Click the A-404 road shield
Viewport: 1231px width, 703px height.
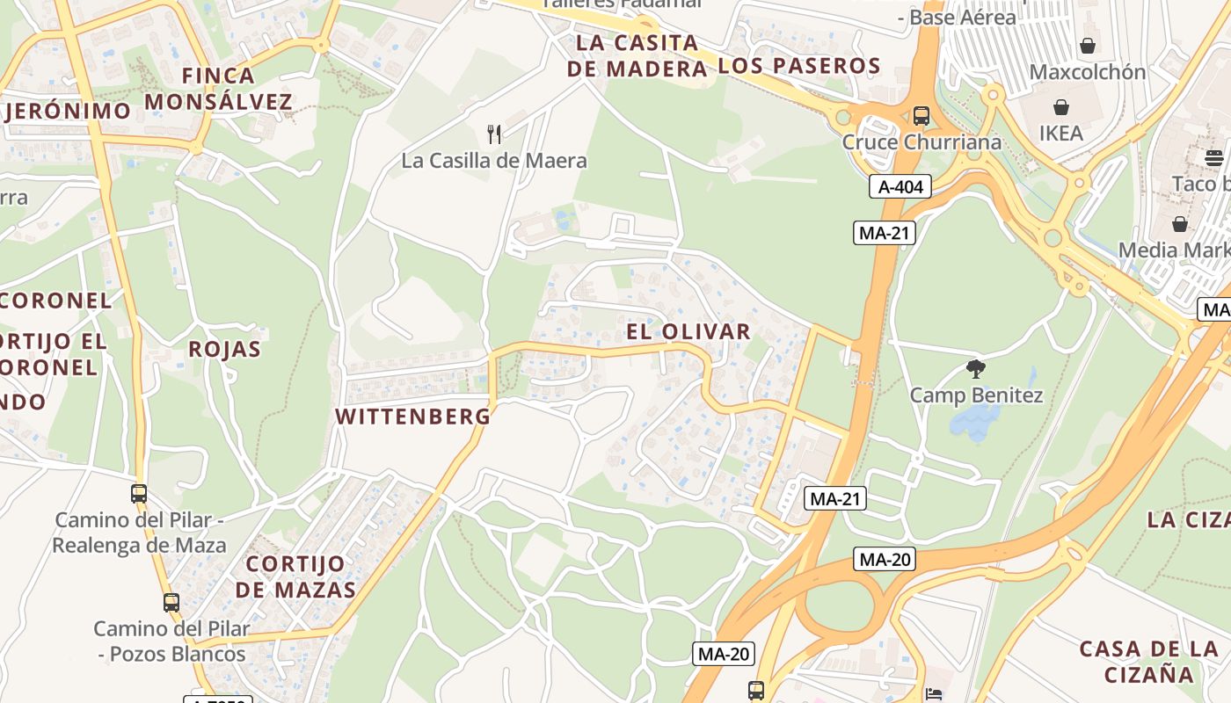pos(900,186)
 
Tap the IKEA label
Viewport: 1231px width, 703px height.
pos(1061,134)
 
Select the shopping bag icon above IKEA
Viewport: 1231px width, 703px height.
pos(1061,107)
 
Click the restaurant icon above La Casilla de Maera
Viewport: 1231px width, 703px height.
pos(494,134)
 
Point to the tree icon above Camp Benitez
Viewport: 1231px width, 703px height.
pos(975,369)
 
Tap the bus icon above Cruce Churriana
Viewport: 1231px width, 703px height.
pos(921,115)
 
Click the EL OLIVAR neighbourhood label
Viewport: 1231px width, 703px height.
pos(688,331)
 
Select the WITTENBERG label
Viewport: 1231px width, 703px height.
pos(413,417)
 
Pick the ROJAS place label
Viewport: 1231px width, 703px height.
pos(225,349)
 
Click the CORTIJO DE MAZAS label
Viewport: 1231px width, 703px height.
pos(295,576)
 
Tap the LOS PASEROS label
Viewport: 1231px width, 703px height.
pos(799,66)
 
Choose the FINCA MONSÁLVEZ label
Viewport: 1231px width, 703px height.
pos(218,89)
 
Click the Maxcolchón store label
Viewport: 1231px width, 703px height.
pos(1088,72)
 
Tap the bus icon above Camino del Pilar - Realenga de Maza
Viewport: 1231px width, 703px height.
pos(139,494)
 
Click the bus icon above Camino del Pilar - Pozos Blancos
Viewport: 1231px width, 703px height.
pos(171,603)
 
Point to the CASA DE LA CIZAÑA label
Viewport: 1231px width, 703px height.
pos(1149,662)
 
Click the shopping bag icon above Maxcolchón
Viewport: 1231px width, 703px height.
pos(1088,46)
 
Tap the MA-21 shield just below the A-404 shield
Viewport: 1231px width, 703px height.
pos(885,233)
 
